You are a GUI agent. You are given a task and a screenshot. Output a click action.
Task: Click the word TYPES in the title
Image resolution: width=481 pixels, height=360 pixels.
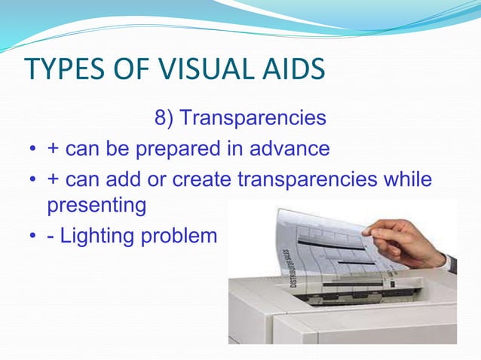point(64,69)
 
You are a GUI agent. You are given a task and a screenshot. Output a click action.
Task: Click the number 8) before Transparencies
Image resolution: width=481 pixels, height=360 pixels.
point(164,119)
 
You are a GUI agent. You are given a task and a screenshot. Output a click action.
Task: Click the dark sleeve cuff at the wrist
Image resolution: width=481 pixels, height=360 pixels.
point(451,263)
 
